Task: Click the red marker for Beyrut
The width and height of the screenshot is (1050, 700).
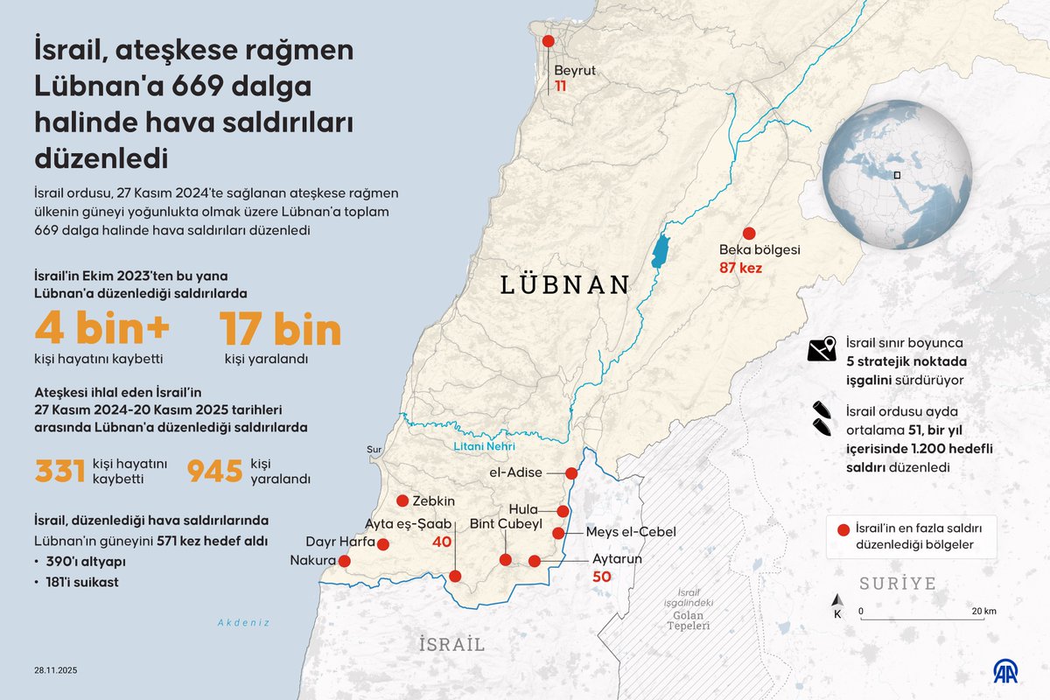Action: click(549, 41)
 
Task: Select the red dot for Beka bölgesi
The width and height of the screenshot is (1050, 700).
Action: click(749, 233)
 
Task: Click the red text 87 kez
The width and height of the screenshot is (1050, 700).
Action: click(740, 268)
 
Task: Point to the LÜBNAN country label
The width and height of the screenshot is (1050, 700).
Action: click(565, 284)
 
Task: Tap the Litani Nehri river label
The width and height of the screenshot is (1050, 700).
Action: click(485, 447)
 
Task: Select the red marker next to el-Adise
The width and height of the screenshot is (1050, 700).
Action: click(571, 473)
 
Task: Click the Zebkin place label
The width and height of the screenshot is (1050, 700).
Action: click(434, 501)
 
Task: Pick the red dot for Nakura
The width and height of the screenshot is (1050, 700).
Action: click(344, 561)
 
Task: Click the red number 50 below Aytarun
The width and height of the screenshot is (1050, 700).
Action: click(601, 577)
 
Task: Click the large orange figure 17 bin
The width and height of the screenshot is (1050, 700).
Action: click(280, 330)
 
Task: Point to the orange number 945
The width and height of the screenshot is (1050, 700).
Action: click(214, 470)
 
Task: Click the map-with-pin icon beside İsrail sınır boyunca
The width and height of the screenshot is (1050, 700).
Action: click(822, 349)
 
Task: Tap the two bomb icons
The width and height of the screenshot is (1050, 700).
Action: click(822, 417)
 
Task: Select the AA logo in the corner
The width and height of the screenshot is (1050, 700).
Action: click(1011, 670)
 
